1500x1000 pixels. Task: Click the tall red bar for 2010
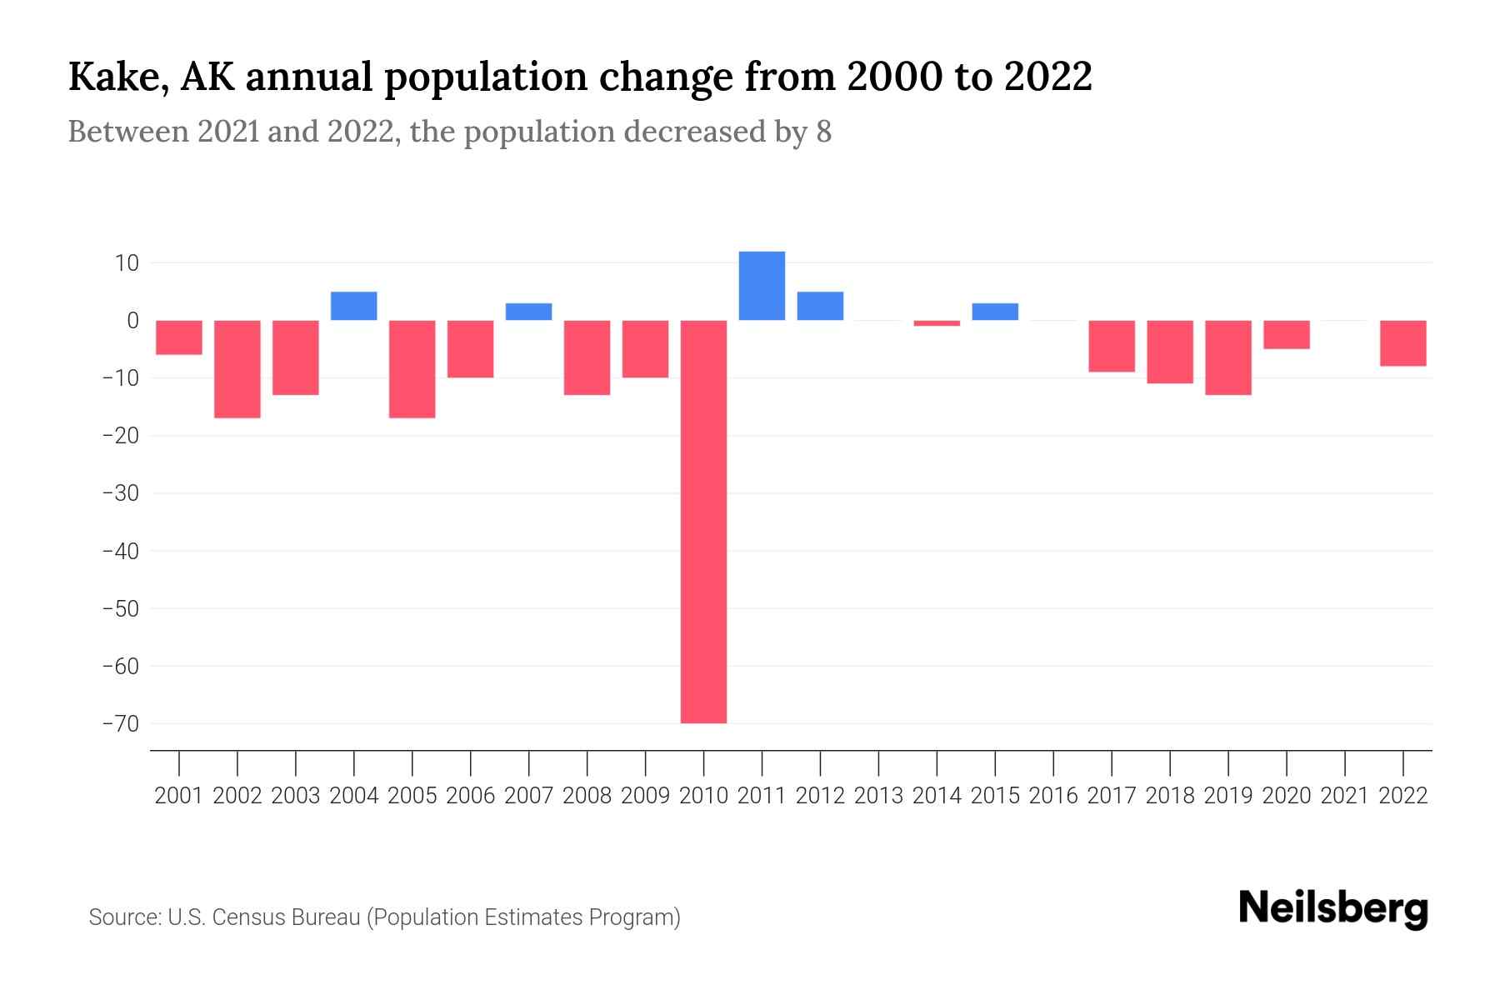(x=703, y=522)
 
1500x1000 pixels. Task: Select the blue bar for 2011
(x=762, y=286)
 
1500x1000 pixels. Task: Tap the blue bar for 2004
(x=354, y=306)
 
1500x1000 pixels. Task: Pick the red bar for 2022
(x=1403, y=343)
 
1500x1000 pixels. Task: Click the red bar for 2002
(x=237, y=369)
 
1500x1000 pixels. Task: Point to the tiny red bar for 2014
(x=937, y=323)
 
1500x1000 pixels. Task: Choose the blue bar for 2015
(x=995, y=312)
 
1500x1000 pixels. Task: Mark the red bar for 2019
(x=1228, y=357)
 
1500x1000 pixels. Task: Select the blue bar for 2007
(x=528, y=312)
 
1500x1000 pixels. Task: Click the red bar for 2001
(x=179, y=337)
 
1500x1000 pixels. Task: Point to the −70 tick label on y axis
(x=120, y=723)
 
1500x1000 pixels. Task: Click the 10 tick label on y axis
(x=127, y=263)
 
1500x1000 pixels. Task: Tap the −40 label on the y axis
(x=120, y=551)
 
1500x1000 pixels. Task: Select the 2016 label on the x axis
(x=1053, y=796)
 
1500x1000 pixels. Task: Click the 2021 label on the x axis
(x=1345, y=796)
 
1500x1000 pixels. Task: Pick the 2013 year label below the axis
(x=878, y=796)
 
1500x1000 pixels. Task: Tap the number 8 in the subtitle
(x=823, y=132)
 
